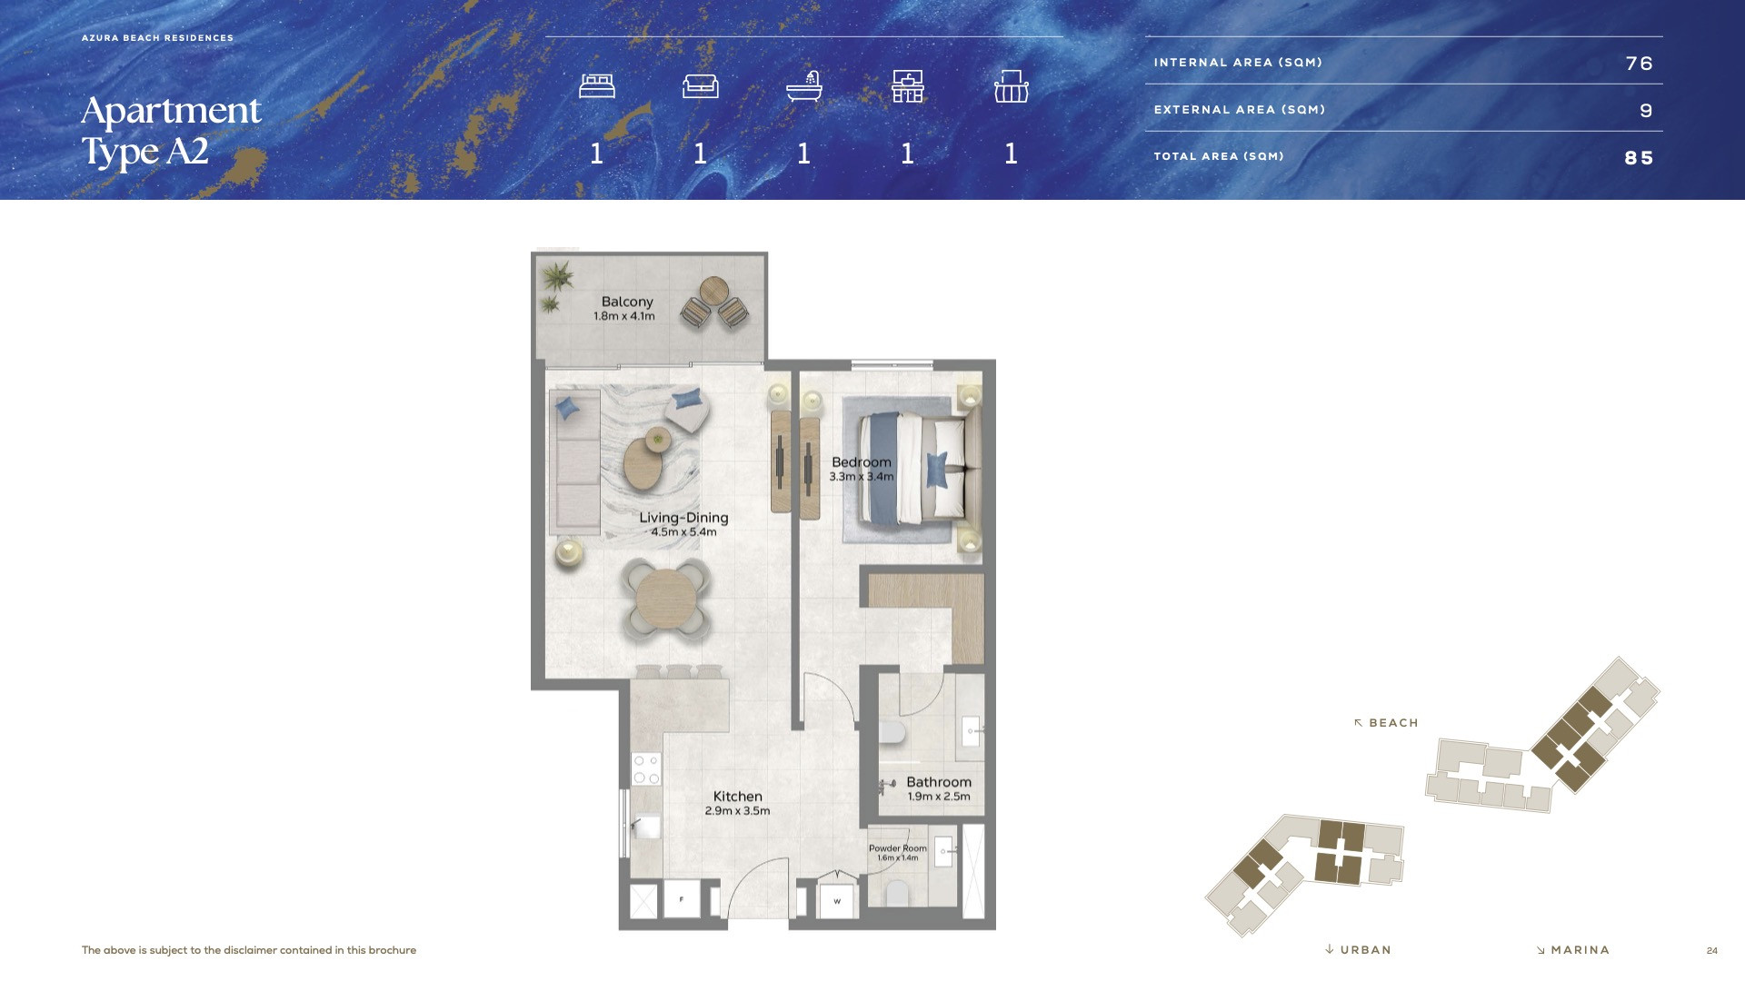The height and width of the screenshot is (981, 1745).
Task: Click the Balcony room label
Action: pos(627,302)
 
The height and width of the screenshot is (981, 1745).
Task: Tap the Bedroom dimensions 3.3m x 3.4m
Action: pos(861,477)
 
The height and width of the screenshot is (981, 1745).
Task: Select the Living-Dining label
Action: pos(683,518)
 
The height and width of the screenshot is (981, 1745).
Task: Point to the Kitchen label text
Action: pos(737,797)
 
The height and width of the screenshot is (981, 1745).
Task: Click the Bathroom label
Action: pos(939,782)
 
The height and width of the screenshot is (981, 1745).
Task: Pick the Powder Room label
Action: pos(898,848)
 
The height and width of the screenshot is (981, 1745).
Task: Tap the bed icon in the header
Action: pos(597,86)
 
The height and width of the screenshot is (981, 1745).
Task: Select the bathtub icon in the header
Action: pos(804,86)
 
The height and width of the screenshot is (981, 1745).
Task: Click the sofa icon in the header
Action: pos(701,86)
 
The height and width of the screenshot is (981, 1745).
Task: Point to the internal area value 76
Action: pos(1639,64)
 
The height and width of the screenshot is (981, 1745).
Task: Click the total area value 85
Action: pos(1639,158)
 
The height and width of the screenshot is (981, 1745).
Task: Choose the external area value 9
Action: pos(1646,111)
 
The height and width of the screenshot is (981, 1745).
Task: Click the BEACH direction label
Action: pos(1386,723)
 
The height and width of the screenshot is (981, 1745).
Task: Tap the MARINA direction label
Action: pos(1573,950)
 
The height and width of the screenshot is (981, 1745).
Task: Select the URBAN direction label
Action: pos(1359,950)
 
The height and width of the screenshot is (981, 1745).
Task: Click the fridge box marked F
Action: pos(682,899)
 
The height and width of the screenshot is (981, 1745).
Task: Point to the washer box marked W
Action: pos(837,901)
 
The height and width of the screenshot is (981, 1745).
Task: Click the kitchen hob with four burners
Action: pos(646,769)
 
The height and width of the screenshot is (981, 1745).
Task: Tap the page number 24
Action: pos(1712,951)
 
